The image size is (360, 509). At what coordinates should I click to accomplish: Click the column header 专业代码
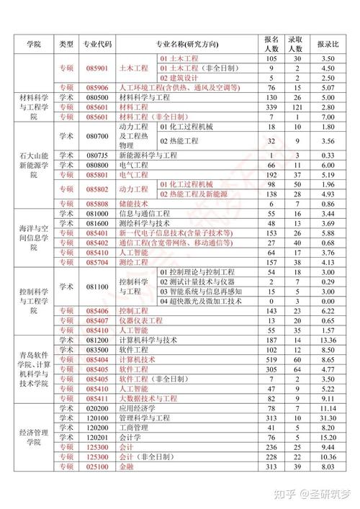point(97,44)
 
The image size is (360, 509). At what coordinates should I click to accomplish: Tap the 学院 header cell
point(35,44)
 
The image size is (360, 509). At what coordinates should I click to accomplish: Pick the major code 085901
point(97,68)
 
